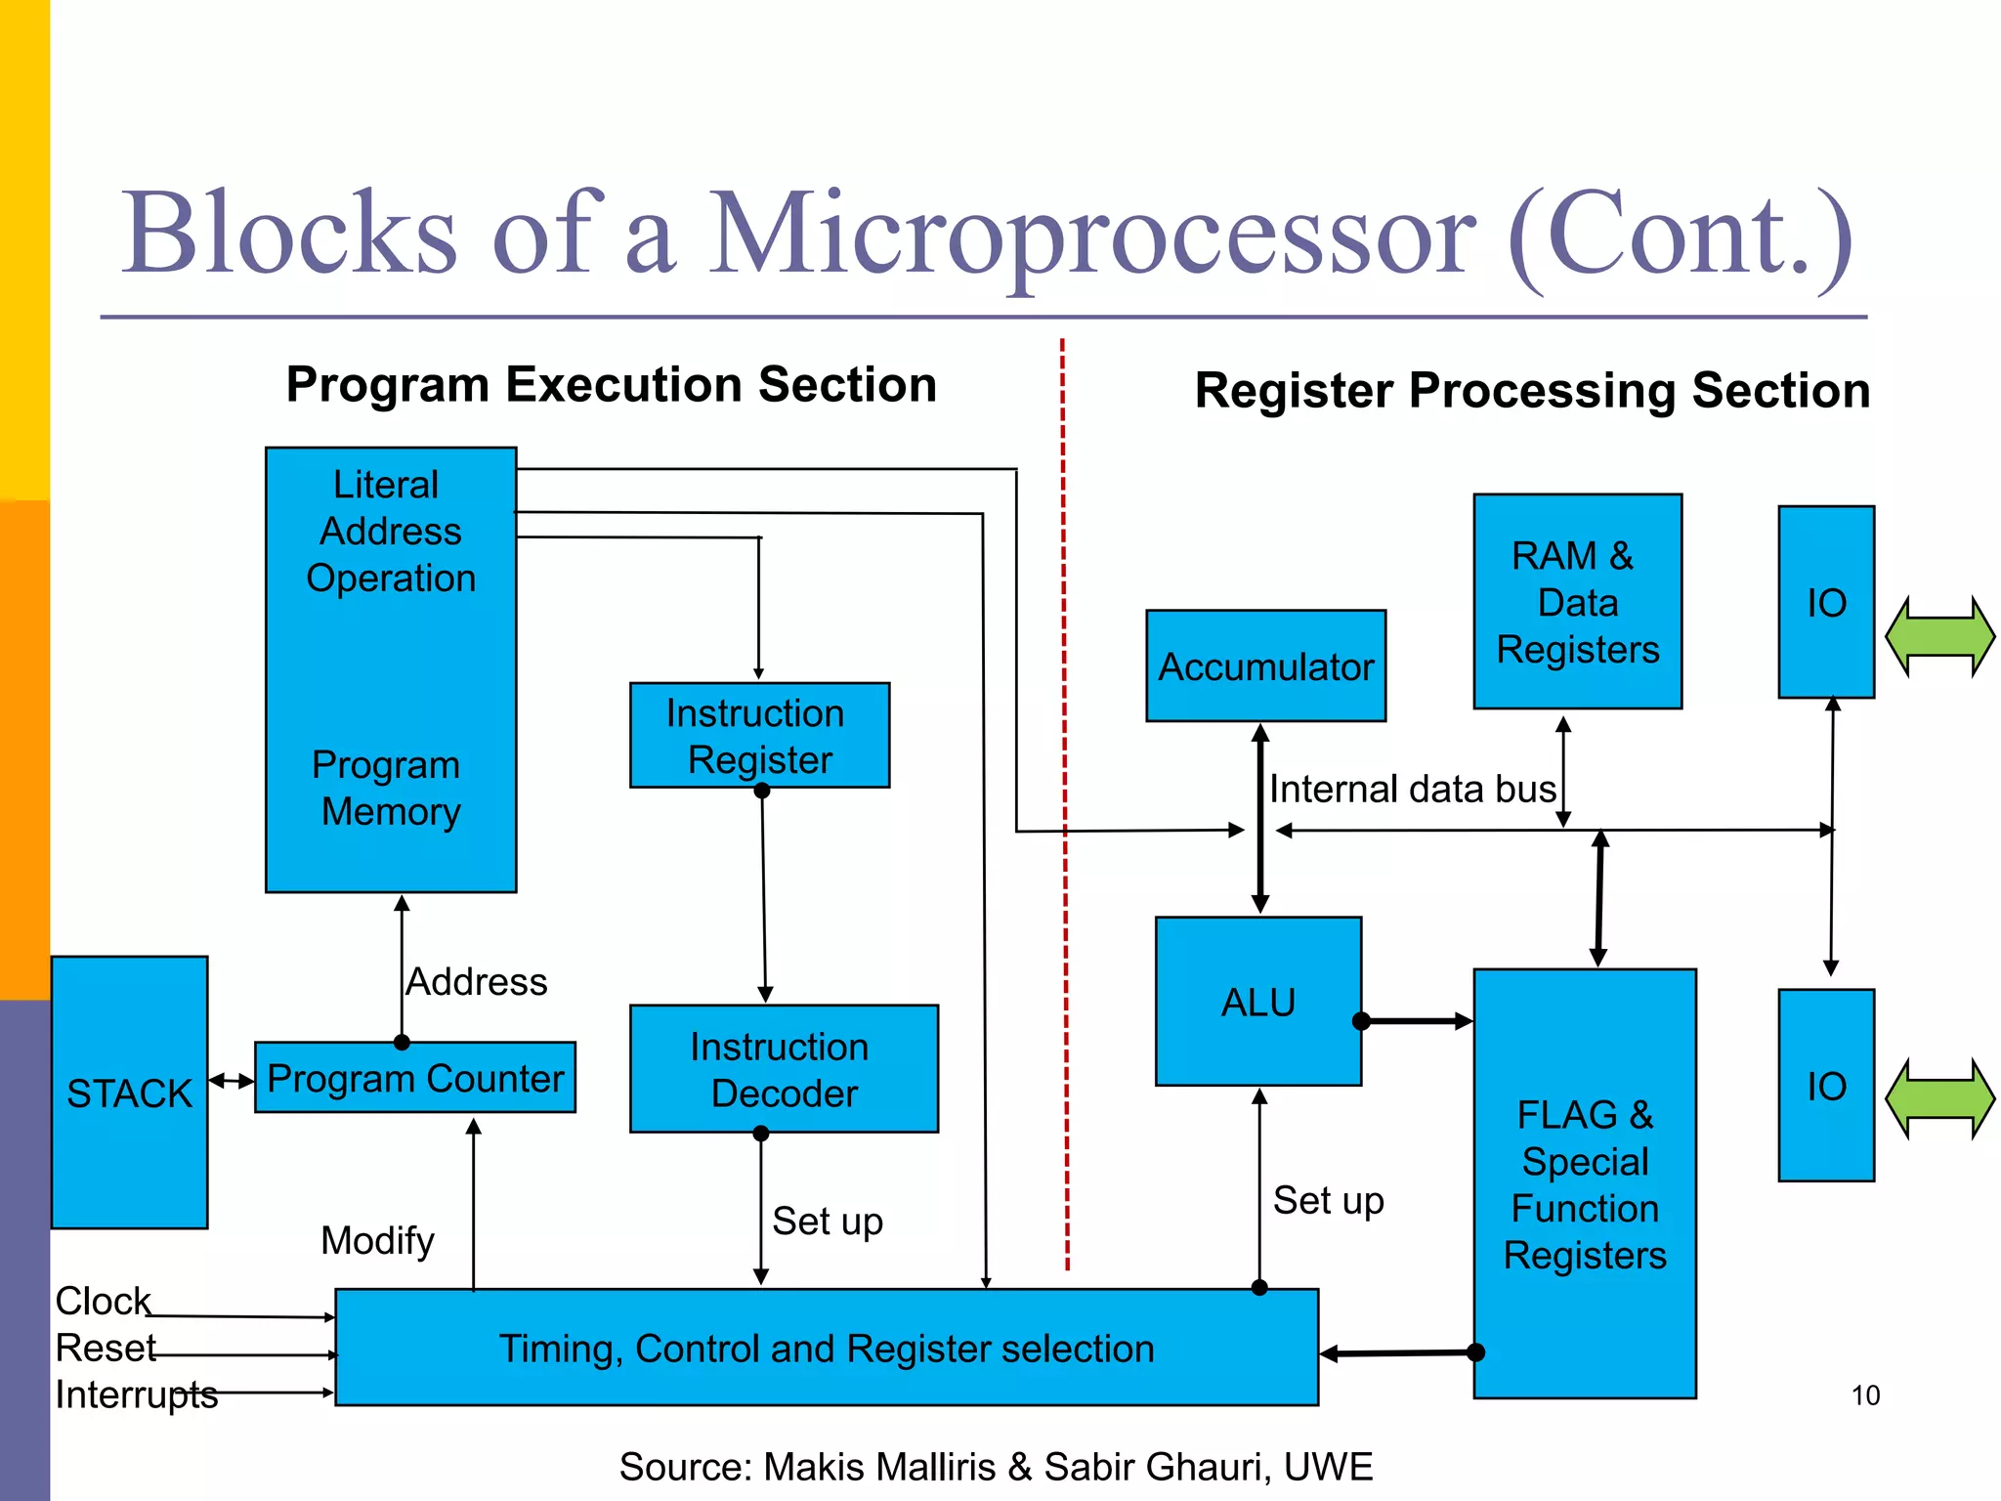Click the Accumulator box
click(1265, 666)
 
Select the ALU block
click(1257, 1002)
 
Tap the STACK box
click(129, 1093)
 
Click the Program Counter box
click(415, 1078)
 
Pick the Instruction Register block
click(759, 736)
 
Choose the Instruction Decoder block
click(784, 1069)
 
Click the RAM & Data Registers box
click(1577, 602)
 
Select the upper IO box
click(1825, 602)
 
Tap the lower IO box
click(1825, 1086)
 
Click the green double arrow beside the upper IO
click(1939, 636)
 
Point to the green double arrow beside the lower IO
click(1939, 1099)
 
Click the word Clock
click(103, 1301)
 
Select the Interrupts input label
click(136, 1394)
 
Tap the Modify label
click(377, 1241)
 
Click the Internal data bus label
click(1412, 789)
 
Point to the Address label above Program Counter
click(477, 982)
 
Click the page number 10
click(1864, 1395)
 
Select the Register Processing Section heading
click(1532, 391)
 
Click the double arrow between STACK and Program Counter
click(232, 1081)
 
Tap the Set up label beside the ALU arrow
click(1328, 1200)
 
